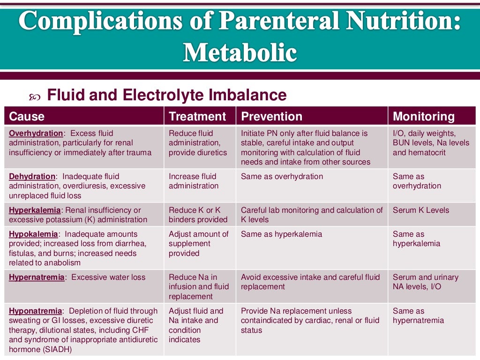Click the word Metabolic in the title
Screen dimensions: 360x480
pyautogui.click(x=240, y=52)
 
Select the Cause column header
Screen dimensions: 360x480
pyautogui.click(x=27, y=116)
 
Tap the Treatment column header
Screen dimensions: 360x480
pyautogui.click(x=197, y=116)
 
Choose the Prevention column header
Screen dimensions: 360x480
pyautogui.click(x=271, y=116)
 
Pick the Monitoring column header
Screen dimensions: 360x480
pyautogui.click(x=424, y=116)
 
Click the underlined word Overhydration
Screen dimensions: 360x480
pyautogui.click(x=36, y=133)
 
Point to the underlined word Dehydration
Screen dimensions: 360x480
pyautogui.click(x=32, y=176)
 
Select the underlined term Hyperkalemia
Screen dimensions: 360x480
pyautogui.click(x=34, y=210)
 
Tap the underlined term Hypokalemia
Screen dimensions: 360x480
pyautogui.click(x=33, y=234)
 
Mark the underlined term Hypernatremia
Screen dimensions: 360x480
pyautogui.click(x=37, y=277)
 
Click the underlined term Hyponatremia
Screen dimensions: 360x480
pyautogui.click(x=35, y=311)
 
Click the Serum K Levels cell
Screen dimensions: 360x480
pyautogui.click(x=420, y=210)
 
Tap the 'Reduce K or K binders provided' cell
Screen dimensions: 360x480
pyautogui.click(x=198, y=215)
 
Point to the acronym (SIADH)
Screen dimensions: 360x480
pyautogui.click(x=60, y=349)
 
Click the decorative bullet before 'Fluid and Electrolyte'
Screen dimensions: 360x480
pyautogui.click(x=35, y=97)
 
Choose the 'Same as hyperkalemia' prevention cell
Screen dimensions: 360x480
pyautogui.click(x=281, y=234)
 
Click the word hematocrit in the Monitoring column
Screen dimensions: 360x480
pyautogui.click(x=427, y=152)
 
